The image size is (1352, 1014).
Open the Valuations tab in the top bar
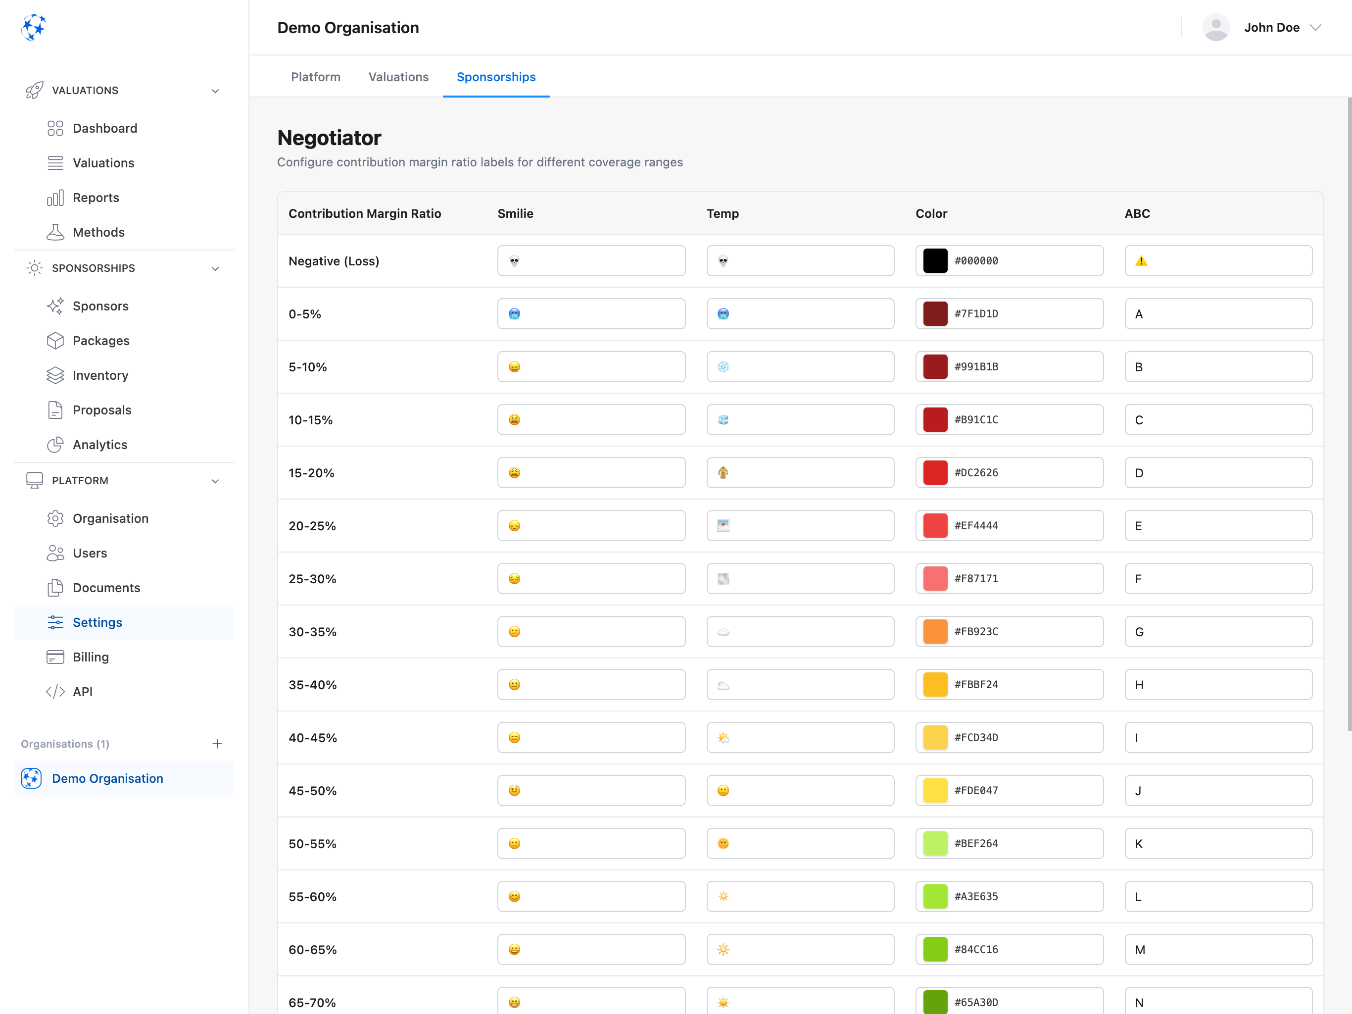pos(398,77)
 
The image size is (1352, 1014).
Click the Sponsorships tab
pos(496,77)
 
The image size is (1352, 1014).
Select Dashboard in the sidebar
pos(104,128)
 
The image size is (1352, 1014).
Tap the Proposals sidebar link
pos(101,410)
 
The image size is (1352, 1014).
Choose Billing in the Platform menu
pos(91,657)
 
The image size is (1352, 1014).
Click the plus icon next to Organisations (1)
pos(217,744)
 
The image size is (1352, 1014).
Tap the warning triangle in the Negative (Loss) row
pos(1141,261)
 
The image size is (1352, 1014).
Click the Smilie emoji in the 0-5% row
pos(515,314)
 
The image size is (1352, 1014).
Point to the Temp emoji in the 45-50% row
pos(723,791)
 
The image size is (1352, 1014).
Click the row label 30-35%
pos(312,632)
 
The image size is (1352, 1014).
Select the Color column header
pos(931,213)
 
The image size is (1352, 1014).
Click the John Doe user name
pos(1271,28)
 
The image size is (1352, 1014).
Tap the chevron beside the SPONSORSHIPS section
pos(215,268)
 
